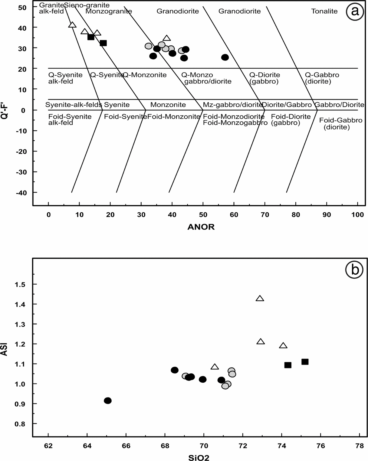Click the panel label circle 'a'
(x=355, y=11)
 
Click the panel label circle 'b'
(x=354, y=270)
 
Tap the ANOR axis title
(x=201, y=227)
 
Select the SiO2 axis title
(x=199, y=458)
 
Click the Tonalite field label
(x=324, y=11)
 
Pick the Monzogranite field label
(x=109, y=11)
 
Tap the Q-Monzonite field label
(x=145, y=75)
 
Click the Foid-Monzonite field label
(x=174, y=117)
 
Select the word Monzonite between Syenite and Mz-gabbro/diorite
(x=168, y=105)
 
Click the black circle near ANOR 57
(x=225, y=57)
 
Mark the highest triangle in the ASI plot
(x=260, y=299)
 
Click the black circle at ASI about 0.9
(x=108, y=401)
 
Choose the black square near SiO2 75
(x=305, y=362)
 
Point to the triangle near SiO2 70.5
(x=215, y=367)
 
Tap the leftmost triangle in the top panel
(x=72, y=25)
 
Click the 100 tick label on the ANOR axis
(x=357, y=215)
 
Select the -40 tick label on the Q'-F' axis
(x=21, y=192)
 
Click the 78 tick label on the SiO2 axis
(x=359, y=446)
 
